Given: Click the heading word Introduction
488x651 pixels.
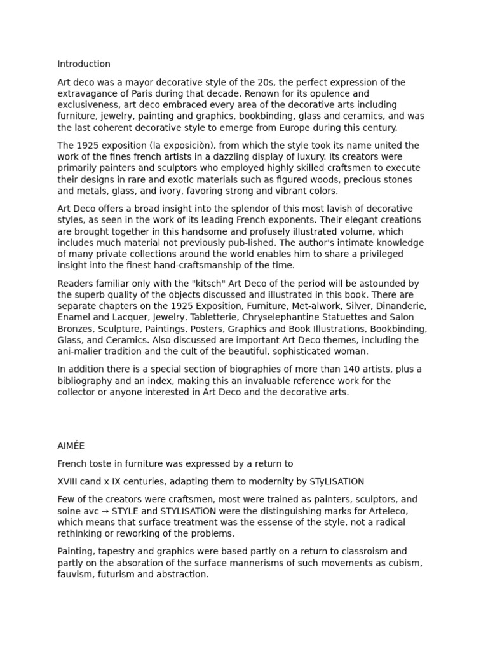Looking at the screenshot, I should pos(84,64).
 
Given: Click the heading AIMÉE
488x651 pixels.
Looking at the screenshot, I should pos(71,446).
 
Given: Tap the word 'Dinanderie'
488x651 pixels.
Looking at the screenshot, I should pos(398,306).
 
